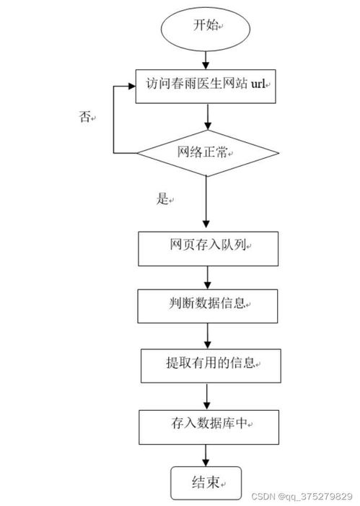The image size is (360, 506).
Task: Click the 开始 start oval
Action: [208, 26]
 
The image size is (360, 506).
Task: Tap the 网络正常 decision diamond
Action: [207, 153]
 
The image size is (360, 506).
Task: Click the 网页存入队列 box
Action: [208, 247]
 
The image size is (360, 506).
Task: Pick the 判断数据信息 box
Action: [208, 305]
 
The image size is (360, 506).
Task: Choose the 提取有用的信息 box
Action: [208, 364]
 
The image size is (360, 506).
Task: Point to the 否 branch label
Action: [85, 116]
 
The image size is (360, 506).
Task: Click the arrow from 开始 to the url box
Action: [208, 58]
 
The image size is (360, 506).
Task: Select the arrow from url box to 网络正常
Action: [208, 116]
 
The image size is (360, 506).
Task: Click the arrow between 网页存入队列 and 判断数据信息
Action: [208, 276]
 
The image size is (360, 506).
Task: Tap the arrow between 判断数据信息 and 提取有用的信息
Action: [208, 334]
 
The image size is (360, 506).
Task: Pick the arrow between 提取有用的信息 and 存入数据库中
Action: [208, 393]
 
